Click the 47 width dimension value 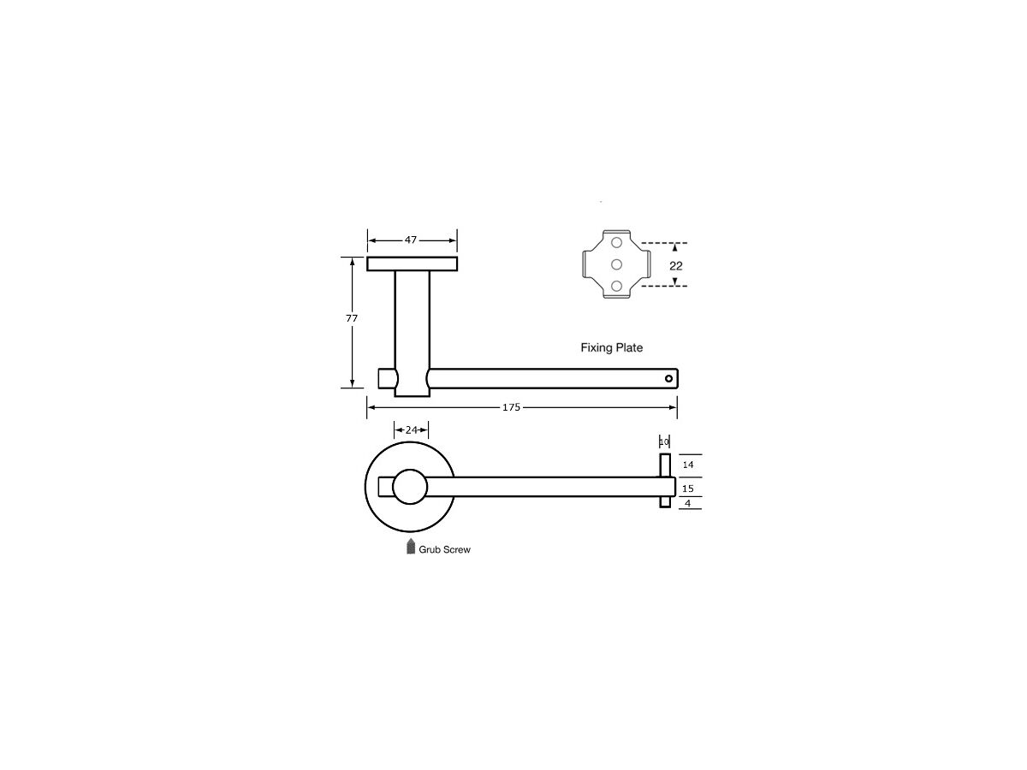[410, 240]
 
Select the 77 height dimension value [352, 318]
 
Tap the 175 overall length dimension [511, 407]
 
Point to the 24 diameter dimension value [412, 429]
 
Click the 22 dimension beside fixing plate [675, 265]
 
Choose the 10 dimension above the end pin [664, 441]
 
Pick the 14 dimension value [688, 465]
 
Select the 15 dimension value [688, 489]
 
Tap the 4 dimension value [687, 504]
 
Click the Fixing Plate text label [612, 347]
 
